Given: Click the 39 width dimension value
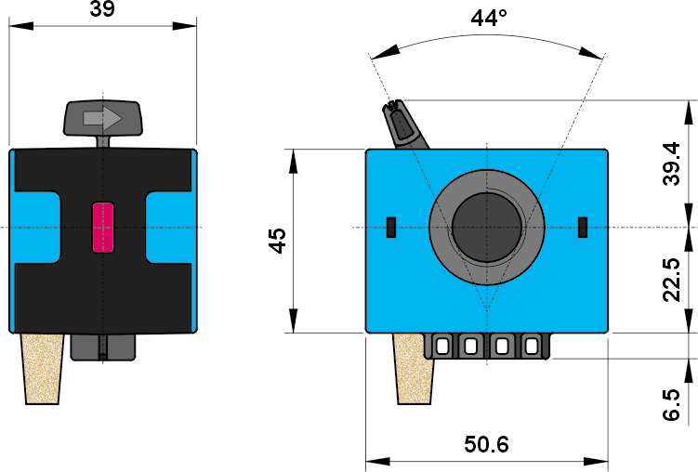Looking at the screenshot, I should (x=103, y=10).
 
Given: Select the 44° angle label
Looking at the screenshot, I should (x=488, y=18).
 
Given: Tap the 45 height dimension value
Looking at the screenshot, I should (x=277, y=240).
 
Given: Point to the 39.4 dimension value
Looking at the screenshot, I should (x=672, y=164).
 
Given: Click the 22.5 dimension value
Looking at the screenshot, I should (x=672, y=280).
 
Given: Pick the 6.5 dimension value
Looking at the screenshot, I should (x=672, y=405).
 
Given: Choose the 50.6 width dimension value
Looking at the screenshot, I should (x=486, y=445).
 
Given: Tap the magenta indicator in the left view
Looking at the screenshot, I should (x=102, y=227).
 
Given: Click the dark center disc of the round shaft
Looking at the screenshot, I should (x=486, y=227).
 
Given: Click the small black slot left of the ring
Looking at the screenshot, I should (x=390, y=226).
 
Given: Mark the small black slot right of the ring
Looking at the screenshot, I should (x=583, y=226).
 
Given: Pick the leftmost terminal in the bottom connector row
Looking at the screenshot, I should (x=442, y=346).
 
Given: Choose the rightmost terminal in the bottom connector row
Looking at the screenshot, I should (x=531, y=346).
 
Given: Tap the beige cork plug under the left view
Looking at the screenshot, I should (x=42, y=368).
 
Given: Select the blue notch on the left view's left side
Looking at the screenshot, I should (x=36, y=227).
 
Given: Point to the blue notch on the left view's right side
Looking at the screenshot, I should (x=169, y=227).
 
